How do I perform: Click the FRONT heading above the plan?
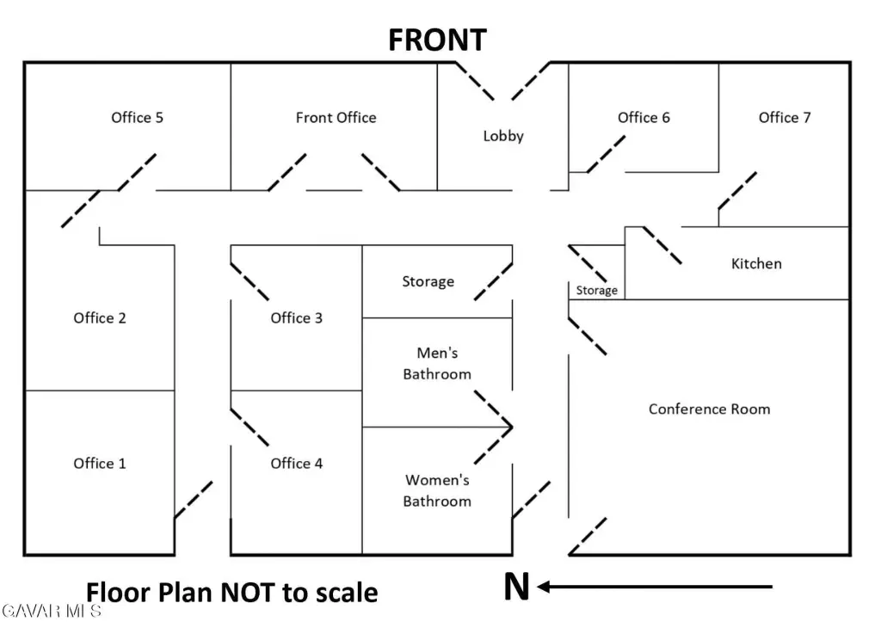(437, 40)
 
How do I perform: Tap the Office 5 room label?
(137, 118)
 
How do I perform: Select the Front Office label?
(336, 118)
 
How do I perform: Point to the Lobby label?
(503, 136)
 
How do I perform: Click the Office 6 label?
(644, 118)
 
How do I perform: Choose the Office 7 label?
(785, 118)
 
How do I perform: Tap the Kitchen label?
(756, 263)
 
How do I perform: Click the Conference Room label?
(709, 409)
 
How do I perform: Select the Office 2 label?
(100, 318)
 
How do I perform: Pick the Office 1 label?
(100, 464)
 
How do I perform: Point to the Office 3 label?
(297, 318)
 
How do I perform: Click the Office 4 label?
(297, 464)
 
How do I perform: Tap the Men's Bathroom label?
(437, 364)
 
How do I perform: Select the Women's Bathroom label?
(437, 490)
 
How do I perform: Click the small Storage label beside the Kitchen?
(597, 291)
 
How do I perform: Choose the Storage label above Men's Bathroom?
(428, 281)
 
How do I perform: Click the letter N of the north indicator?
(516, 587)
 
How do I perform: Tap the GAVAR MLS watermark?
(51, 611)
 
